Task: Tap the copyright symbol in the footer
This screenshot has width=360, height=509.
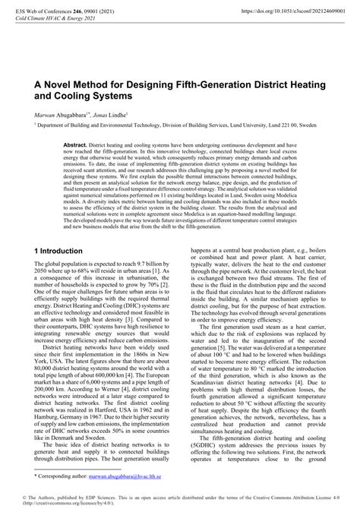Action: click(23, 496)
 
